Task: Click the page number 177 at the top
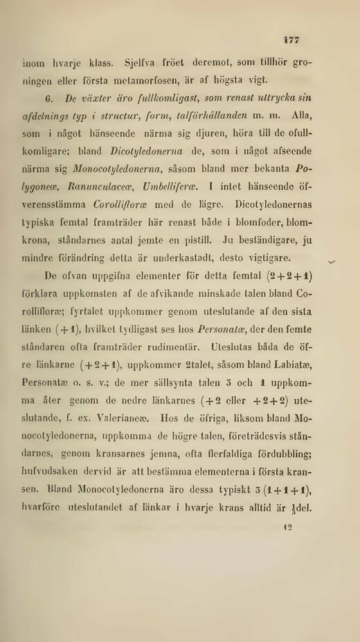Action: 291,39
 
